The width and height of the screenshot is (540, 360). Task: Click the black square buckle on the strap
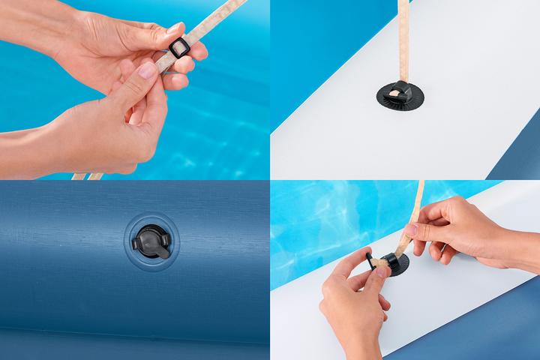178,50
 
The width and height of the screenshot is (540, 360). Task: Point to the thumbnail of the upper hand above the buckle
173,29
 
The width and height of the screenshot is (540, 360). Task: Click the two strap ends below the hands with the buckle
87,176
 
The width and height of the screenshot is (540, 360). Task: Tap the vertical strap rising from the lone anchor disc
403,37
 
